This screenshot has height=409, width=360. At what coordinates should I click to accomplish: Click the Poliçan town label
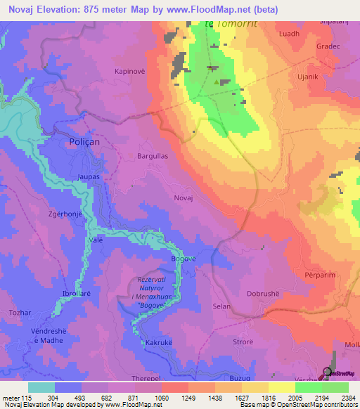pyautogui.click(x=84, y=141)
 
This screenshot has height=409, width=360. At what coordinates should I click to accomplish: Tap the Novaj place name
pyautogui.click(x=183, y=199)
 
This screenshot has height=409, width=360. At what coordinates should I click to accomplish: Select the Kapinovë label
pyautogui.click(x=130, y=72)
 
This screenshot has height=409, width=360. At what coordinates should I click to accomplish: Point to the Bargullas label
pyautogui.click(x=152, y=157)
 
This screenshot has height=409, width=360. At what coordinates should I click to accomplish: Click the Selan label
pyautogui.click(x=221, y=307)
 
